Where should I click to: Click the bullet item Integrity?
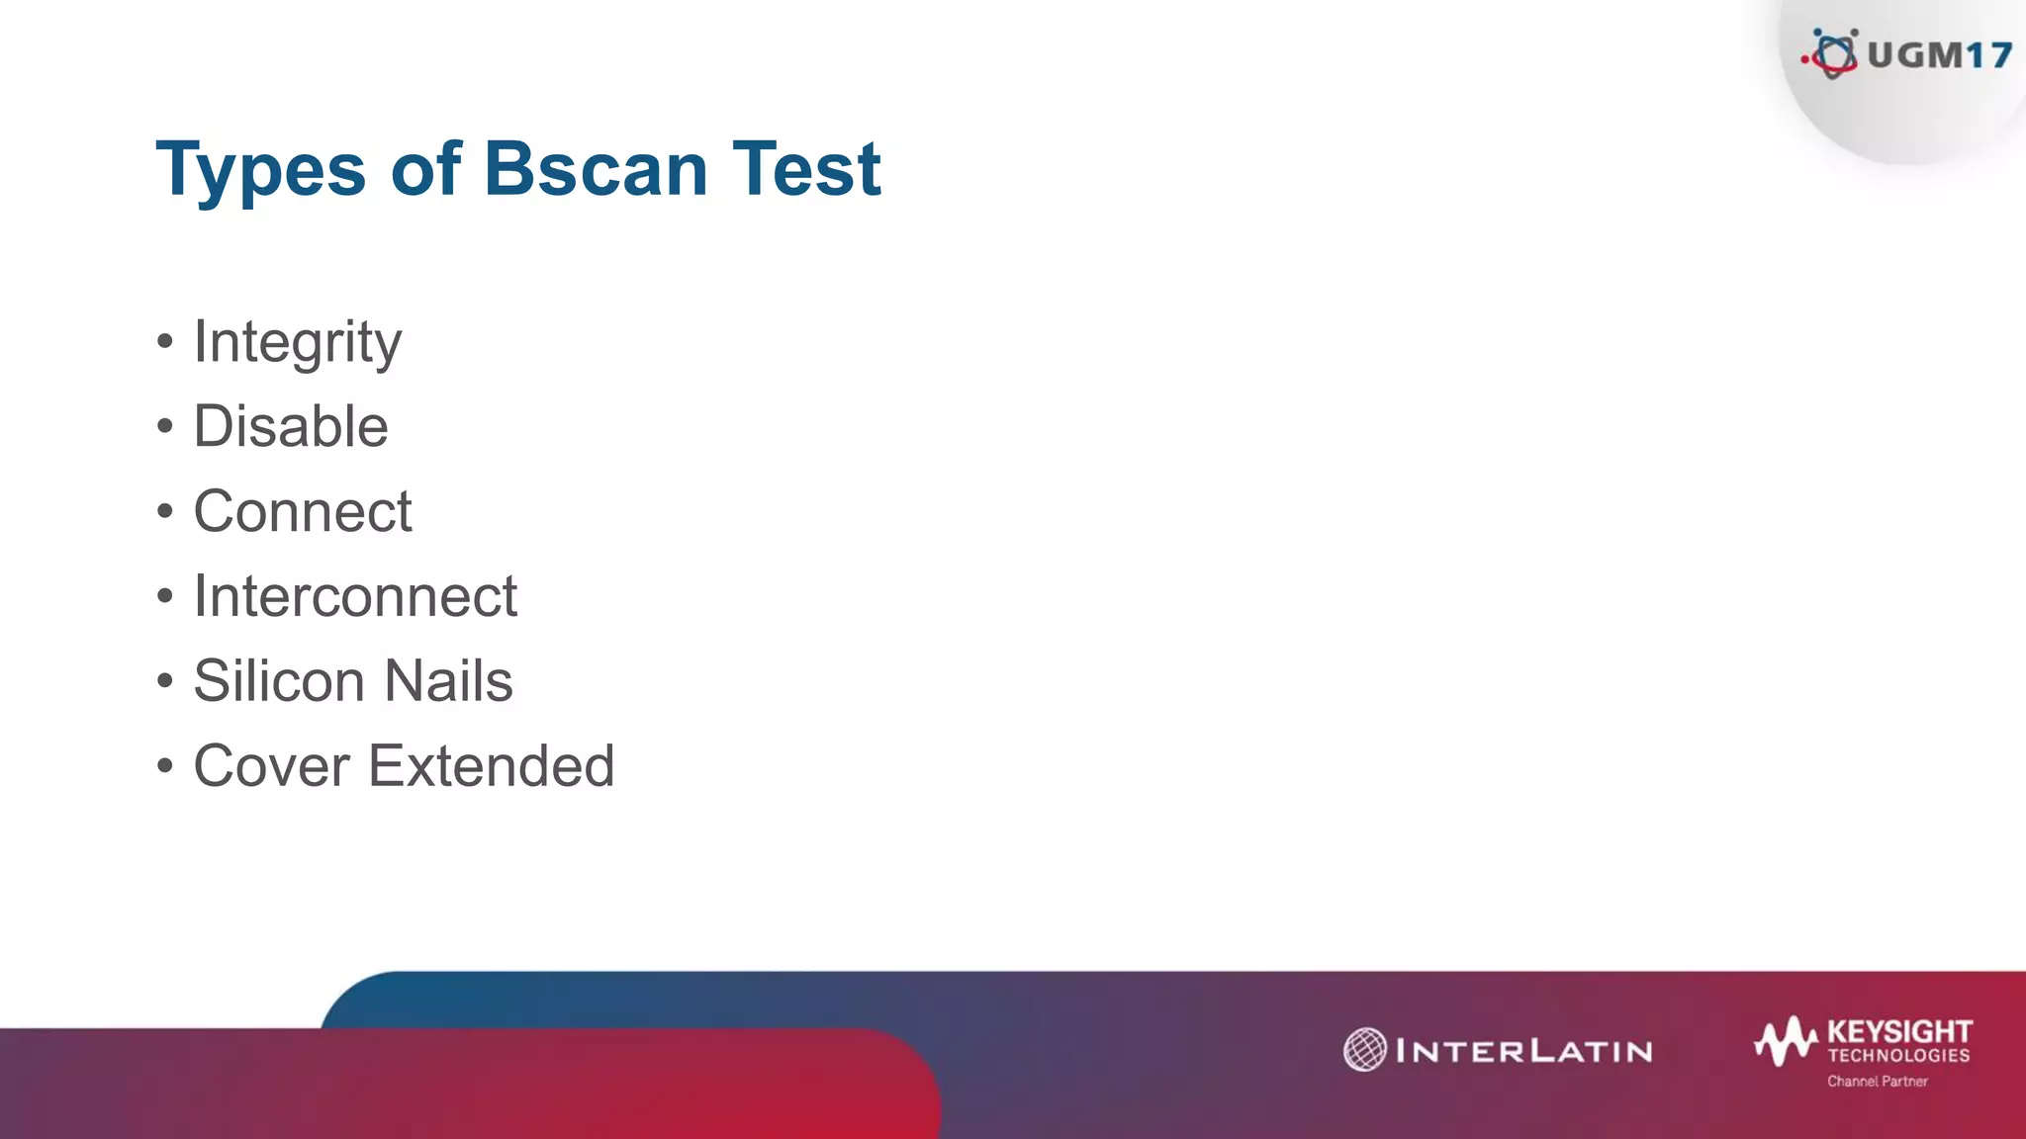(x=297, y=342)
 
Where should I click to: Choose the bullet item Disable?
(x=290, y=426)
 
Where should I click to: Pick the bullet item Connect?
(x=302, y=511)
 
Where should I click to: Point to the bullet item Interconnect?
(x=354, y=596)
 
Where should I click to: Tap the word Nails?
(x=448, y=681)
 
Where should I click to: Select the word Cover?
(x=271, y=766)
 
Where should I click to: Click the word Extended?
(x=491, y=766)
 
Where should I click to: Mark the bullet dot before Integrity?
(x=165, y=343)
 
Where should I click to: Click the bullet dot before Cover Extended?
(x=165, y=766)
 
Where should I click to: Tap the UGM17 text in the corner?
(x=1939, y=55)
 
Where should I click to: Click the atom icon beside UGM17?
(x=1833, y=53)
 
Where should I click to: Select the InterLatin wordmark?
(x=1523, y=1050)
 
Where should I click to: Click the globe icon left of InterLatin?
(x=1365, y=1049)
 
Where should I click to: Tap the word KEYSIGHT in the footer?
(x=1899, y=1031)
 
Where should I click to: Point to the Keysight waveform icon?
(x=1786, y=1041)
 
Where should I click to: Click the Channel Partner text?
(x=1877, y=1082)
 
